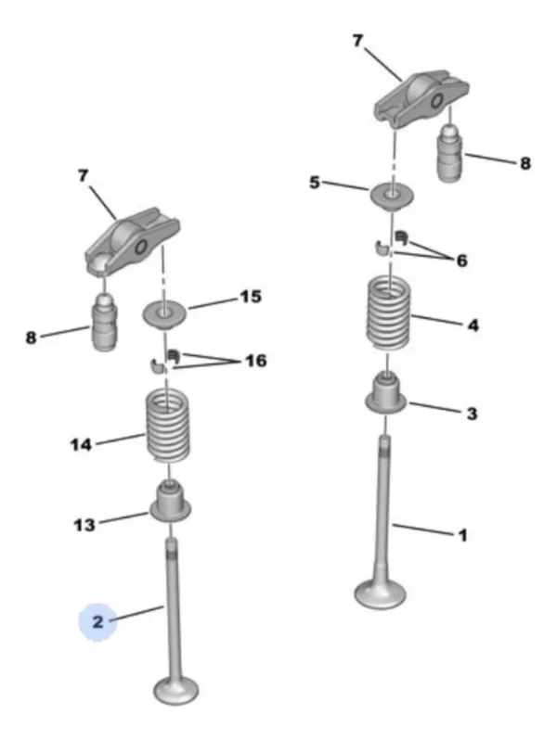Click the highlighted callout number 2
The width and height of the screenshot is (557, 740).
[x=97, y=621]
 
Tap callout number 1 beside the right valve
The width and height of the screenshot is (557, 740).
[x=463, y=535]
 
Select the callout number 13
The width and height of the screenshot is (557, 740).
[x=84, y=525]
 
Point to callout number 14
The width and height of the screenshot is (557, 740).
[x=81, y=444]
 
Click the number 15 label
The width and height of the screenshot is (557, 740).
[x=251, y=297]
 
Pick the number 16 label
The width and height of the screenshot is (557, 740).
[x=255, y=361]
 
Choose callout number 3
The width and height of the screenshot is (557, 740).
[x=472, y=414]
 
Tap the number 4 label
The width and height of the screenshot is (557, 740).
[x=473, y=325]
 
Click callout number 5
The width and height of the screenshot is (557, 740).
[x=315, y=182]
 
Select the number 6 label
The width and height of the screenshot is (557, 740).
[x=462, y=260]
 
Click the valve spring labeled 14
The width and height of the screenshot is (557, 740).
[x=168, y=426]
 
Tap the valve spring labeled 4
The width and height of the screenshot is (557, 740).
[x=389, y=314]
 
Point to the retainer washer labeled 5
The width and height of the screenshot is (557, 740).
[x=390, y=197]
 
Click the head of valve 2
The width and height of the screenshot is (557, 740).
[x=175, y=691]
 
